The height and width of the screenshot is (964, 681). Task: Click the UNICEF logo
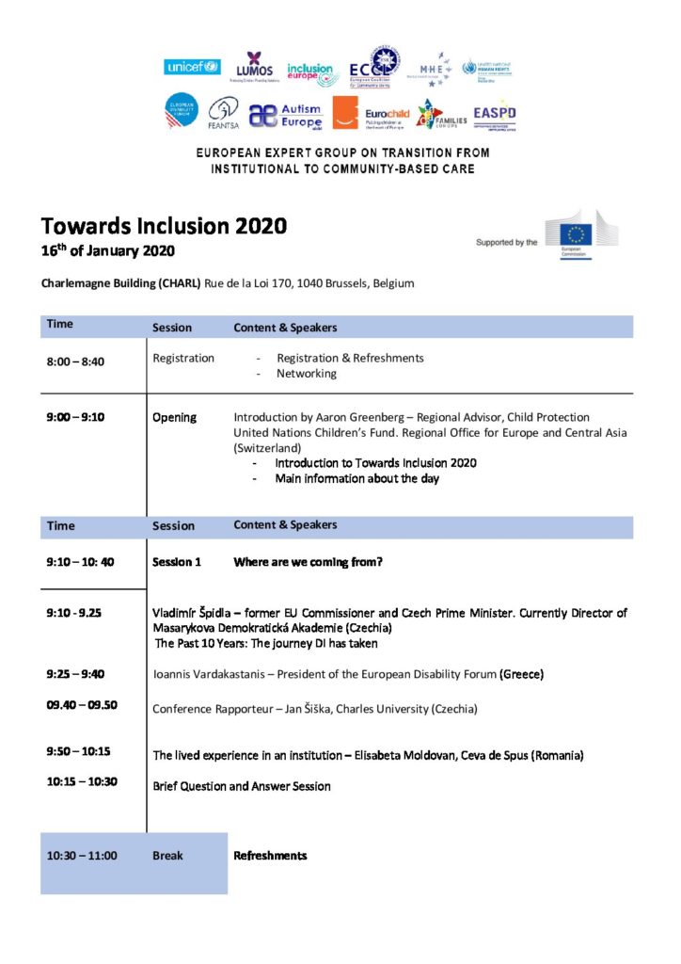point(193,67)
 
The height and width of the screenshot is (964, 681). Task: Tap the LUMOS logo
point(254,65)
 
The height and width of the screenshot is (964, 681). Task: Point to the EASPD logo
point(495,114)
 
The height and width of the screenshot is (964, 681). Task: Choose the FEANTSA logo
point(223,113)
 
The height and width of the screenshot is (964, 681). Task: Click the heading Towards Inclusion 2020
point(164,226)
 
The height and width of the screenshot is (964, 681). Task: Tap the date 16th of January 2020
point(108,250)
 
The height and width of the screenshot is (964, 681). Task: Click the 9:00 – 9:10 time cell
point(77,417)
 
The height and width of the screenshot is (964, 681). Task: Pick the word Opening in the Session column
point(174,417)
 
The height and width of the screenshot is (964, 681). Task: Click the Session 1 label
point(177,562)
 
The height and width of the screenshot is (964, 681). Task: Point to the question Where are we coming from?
point(308,562)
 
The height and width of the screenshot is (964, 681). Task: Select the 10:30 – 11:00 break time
point(82,856)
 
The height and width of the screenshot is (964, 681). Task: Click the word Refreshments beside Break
point(270,856)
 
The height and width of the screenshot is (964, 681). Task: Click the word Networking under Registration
point(306,374)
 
